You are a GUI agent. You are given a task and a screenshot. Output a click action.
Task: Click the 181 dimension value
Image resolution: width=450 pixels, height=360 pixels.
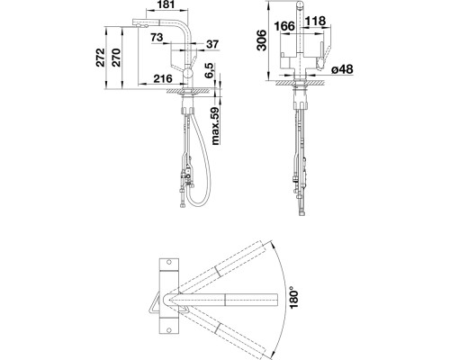click(166, 4)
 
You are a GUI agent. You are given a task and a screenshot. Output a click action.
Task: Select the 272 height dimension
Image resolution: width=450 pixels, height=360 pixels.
click(101, 58)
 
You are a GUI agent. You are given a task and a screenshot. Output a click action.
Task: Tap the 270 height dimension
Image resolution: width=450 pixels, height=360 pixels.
click(116, 58)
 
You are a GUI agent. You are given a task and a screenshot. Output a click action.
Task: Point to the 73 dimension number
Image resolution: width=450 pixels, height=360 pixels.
click(157, 38)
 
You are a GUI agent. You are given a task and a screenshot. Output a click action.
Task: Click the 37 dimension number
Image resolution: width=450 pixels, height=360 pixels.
click(212, 44)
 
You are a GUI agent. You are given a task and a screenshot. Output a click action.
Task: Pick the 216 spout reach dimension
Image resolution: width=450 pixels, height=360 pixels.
click(163, 78)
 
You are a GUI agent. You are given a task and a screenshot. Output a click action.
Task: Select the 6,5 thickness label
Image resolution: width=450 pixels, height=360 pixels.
click(210, 71)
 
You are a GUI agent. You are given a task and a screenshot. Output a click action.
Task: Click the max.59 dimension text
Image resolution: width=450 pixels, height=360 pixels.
click(216, 126)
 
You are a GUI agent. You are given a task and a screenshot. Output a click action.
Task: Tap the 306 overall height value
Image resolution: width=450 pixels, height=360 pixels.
click(261, 40)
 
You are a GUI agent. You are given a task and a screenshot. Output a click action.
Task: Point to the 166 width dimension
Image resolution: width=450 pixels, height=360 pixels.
click(284, 26)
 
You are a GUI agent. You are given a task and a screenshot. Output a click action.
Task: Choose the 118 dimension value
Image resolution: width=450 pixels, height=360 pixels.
click(316, 21)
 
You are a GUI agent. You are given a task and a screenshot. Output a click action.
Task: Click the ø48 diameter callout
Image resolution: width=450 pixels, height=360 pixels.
click(342, 69)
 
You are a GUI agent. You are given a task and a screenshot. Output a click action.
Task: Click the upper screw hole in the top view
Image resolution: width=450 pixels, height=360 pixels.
click(168, 262)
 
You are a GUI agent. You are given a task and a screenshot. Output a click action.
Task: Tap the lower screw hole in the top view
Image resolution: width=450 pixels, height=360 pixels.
click(168, 330)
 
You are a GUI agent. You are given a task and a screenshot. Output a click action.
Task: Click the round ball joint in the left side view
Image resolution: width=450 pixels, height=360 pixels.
click(188, 73)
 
